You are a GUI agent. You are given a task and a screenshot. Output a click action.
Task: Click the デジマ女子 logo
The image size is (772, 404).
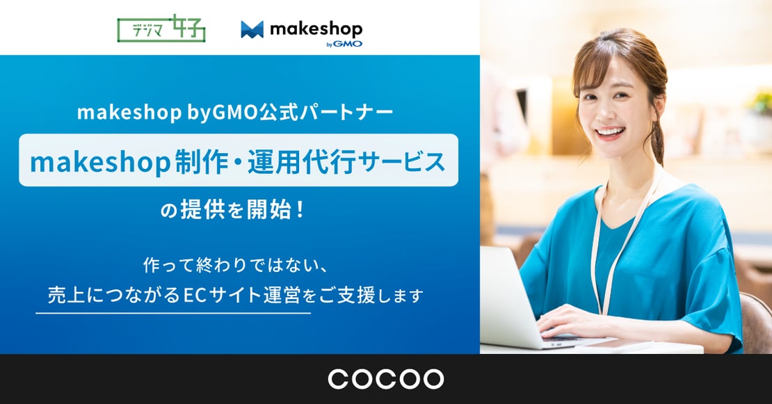pos(161,29)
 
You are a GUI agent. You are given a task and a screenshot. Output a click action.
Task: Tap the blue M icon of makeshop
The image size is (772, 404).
pos(252,29)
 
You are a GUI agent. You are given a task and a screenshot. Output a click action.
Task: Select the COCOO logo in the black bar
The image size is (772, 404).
pos(385,379)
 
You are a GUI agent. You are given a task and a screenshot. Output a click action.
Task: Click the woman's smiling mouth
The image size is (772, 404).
pos(609,132)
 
